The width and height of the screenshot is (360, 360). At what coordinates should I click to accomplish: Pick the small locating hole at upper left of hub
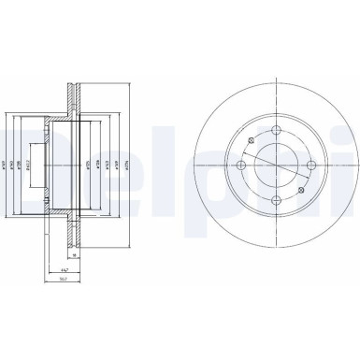coord(251,141)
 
